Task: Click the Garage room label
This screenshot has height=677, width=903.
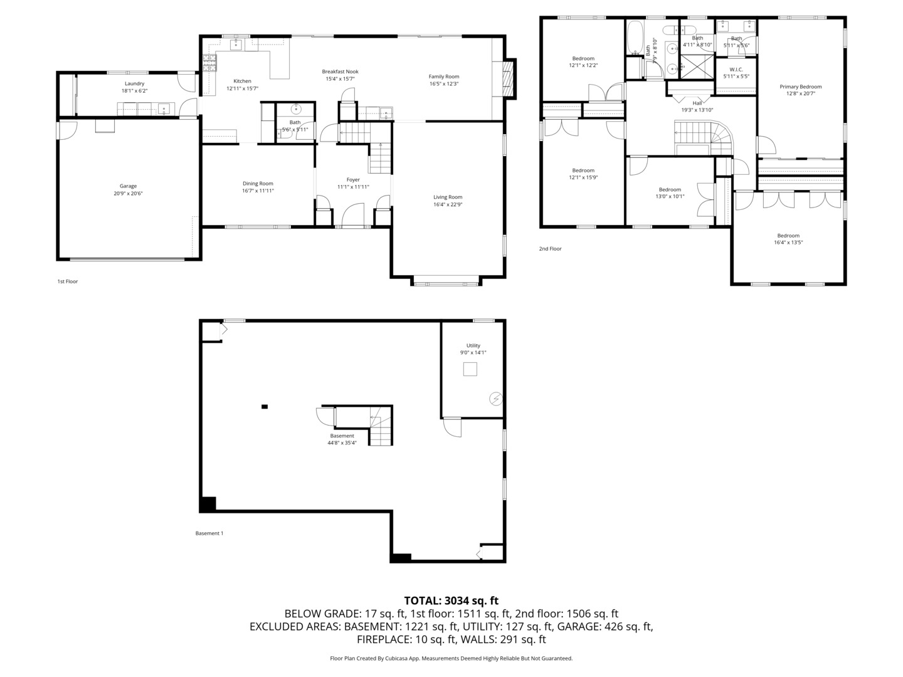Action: [128, 186]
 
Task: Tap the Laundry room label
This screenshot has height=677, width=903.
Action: [134, 84]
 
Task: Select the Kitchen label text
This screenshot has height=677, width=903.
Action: [242, 81]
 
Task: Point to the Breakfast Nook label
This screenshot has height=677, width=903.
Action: [340, 72]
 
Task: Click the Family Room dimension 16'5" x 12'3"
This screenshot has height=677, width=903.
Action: [444, 84]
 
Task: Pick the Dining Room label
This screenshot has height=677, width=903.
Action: [258, 184]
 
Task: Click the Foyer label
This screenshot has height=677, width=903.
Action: [353, 180]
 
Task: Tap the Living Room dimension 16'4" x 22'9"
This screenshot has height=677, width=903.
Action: [448, 204]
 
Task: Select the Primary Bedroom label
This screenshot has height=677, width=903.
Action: [800, 87]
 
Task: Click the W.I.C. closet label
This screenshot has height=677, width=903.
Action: [736, 70]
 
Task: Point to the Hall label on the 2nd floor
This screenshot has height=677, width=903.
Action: [697, 103]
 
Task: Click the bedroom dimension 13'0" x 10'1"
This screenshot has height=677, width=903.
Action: [670, 196]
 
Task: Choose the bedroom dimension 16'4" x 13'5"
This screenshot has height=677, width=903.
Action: [788, 243]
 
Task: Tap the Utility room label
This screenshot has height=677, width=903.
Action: [473, 345]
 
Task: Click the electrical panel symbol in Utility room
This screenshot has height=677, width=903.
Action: [495, 398]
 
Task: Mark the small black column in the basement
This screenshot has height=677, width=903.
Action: [265, 407]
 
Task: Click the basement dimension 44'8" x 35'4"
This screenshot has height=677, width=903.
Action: [342, 443]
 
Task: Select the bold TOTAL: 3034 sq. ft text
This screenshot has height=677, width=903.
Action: [451, 601]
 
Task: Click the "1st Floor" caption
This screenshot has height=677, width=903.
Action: [68, 281]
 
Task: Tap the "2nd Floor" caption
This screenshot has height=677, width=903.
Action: [550, 249]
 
